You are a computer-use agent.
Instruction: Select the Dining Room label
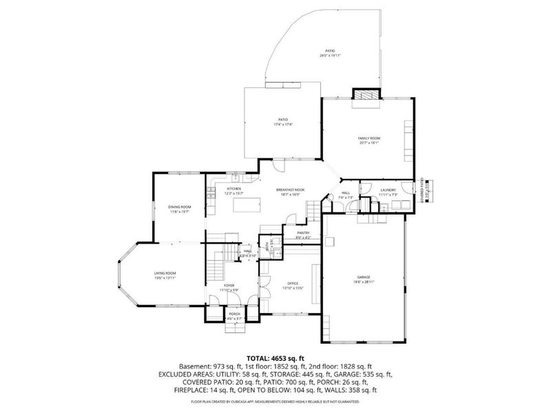tap(180, 207)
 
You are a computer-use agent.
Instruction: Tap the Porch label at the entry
tap(235, 315)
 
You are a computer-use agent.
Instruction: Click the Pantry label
tap(303, 233)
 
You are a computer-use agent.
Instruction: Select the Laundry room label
tap(387, 190)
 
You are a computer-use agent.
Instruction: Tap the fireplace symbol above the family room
tap(366, 95)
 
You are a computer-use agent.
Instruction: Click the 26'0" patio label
tap(331, 52)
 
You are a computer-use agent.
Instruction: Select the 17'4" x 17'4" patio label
tap(282, 121)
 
